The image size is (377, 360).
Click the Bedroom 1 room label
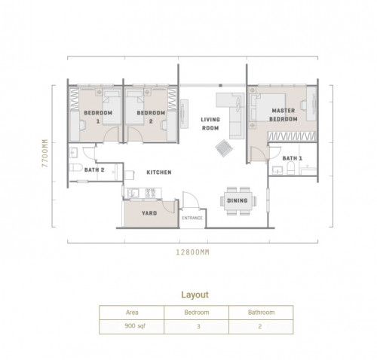point(98,117)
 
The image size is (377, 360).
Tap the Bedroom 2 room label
point(151,117)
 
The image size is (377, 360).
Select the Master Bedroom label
point(284,114)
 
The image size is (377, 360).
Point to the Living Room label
point(210,124)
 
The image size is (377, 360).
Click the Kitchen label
point(159,172)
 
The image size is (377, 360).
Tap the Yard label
point(149,213)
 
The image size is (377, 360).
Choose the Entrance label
point(192,218)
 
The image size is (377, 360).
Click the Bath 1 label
point(293,158)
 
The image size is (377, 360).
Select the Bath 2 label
point(94,169)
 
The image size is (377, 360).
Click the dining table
point(238,201)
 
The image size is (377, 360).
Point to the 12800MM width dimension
point(192,252)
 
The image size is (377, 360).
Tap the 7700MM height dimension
point(44,153)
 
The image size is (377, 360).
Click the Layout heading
point(195,294)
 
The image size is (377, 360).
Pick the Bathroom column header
point(261,313)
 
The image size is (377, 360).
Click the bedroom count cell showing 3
point(198,326)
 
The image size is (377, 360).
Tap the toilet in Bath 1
point(290,168)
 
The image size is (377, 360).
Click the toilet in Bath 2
point(75,167)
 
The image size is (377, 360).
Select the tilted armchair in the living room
point(224,148)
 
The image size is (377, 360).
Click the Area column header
point(132,313)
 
